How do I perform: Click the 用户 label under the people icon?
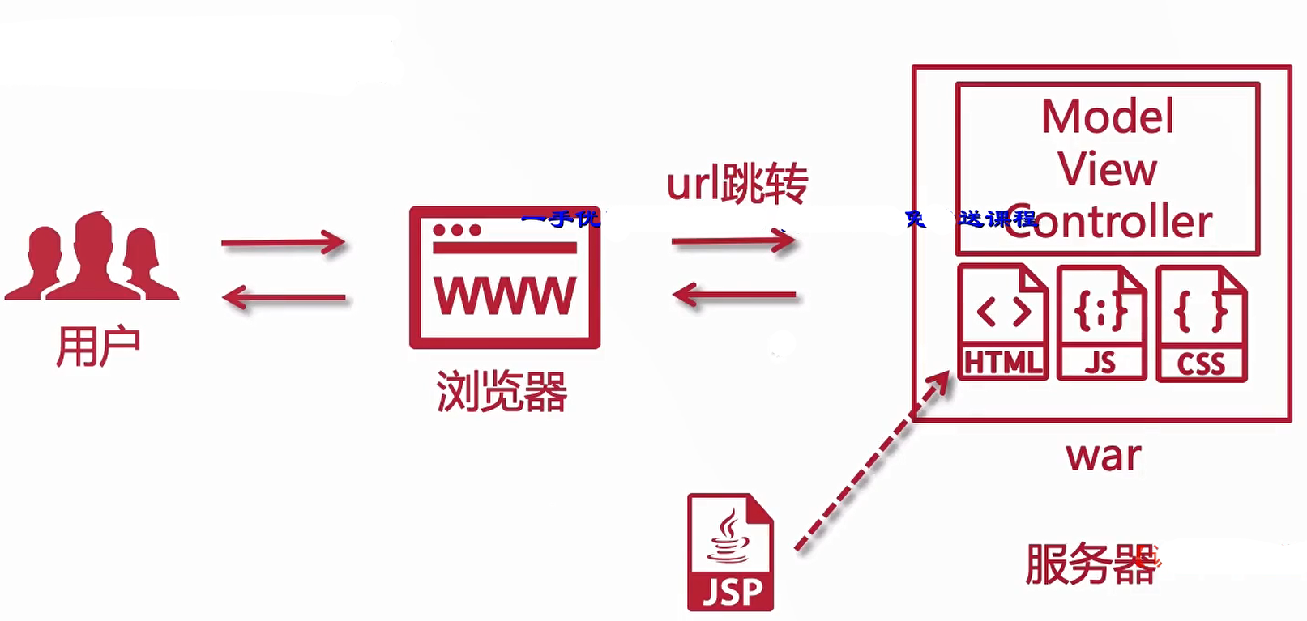coord(97,347)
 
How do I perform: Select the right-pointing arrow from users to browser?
coord(283,242)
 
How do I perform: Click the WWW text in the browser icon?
coord(504,296)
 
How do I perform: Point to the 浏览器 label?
coord(502,392)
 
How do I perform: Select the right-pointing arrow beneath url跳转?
coord(733,240)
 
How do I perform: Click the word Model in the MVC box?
coord(1107,117)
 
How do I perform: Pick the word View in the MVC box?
coord(1107,169)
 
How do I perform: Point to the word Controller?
coord(1108,221)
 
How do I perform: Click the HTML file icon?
coord(1002,322)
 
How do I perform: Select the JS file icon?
coord(1101,322)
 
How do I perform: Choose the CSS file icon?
coord(1201,323)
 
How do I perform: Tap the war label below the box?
coord(1103,456)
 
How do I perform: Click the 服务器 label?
coord(1090,564)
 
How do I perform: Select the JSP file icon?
coord(730,552)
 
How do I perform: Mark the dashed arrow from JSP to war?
coord(871,461)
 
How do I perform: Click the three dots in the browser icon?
coord(457,230)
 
